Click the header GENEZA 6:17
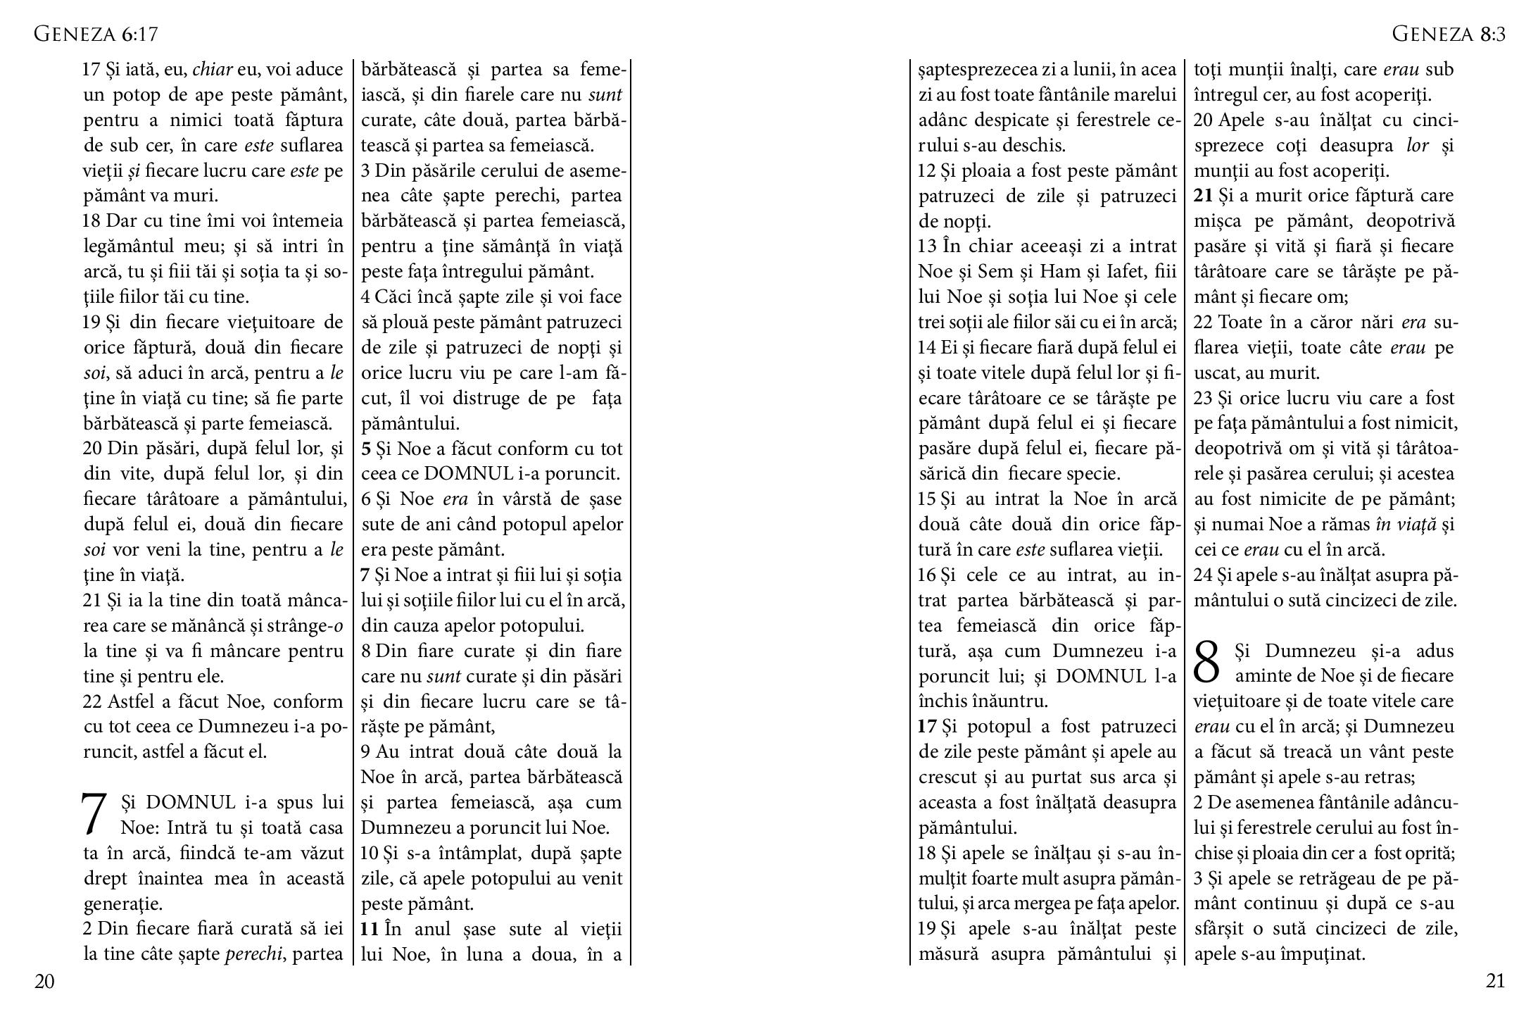(96, 34)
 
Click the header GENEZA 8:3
(1449, 34)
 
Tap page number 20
(44, 982)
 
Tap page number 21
(1495, 982)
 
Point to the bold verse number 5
(366, 449)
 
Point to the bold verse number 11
(370, 930)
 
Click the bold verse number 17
(927, 727)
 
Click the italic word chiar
(212, 70)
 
